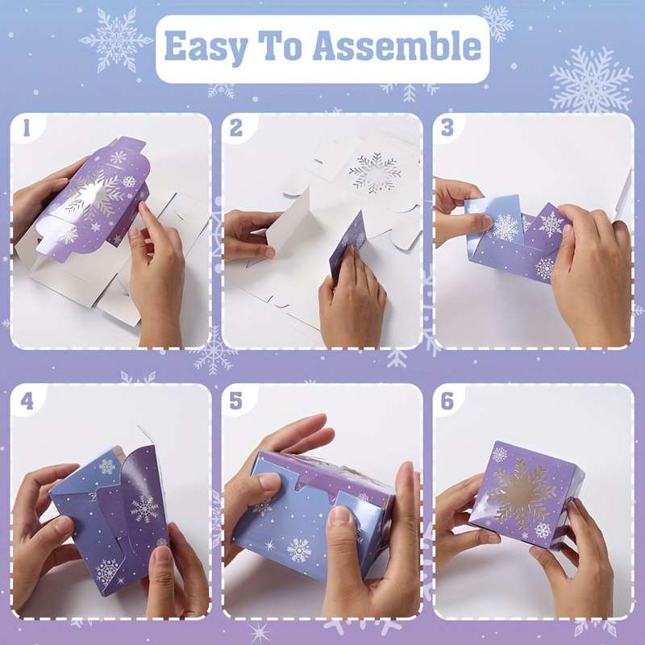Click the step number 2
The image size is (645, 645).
[236, 129]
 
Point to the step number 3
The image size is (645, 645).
[447, 129]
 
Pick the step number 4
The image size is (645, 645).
[27, 401]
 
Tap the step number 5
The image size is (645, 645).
[236, 401]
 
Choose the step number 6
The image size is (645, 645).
[447, 401]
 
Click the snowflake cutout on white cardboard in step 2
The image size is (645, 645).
[374, 172]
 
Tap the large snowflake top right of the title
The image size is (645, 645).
[591, 79]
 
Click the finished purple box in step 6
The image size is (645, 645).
[526, 494]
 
